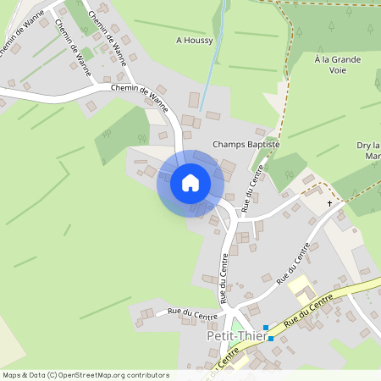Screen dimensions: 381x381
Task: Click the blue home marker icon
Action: (190, 183)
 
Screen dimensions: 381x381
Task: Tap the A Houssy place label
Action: (195, 40)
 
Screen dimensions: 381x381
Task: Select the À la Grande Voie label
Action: (337, 65)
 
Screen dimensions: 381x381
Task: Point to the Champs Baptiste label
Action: (246, 145)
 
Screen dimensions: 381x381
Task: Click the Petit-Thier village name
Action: (237, 336)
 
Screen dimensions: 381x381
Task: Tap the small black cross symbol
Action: (330, 203)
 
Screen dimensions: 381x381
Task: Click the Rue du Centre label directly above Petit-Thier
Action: (224, 279)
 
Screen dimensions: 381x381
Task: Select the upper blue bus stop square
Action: (265, 328)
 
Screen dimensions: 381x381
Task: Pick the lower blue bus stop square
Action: (271, 339)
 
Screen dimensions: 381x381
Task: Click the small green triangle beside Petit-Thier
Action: (236, 323)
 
